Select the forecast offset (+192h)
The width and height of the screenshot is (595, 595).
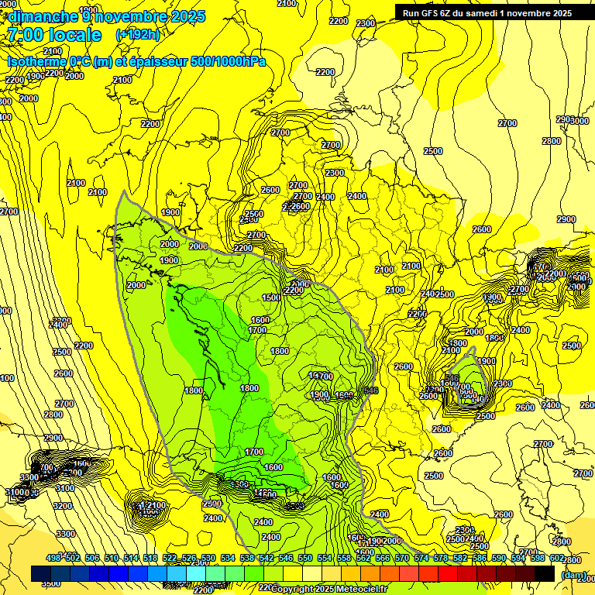(138, 35)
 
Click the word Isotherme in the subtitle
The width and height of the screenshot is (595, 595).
(36, 61)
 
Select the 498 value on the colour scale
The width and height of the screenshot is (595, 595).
(53, 558)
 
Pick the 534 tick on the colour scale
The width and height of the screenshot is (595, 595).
(228, 558)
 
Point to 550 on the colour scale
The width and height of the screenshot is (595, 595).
(305, 558)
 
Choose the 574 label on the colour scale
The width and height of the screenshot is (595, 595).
(421, 558)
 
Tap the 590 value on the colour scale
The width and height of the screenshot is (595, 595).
(499, 558)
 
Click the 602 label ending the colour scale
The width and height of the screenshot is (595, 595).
(556, 558)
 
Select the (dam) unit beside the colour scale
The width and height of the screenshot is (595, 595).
(574, 574)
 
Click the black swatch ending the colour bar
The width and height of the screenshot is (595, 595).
(545, 573)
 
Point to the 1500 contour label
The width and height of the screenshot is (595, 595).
(271, 298)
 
